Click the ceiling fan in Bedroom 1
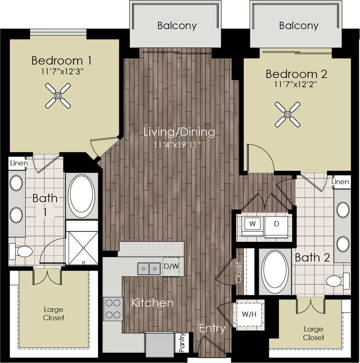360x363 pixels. click(x=58, y=96)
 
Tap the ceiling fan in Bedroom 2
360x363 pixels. click(x=288, y=115)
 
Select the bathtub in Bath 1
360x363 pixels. click(x=81, y=194)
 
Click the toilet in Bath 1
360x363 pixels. click(x=21, y=251)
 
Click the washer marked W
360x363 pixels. click(x=252, y=224)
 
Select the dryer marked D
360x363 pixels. click(x=276, y=224)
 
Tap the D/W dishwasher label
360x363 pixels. click(x=171, y=266)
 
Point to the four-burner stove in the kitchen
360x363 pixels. click(x=113, y=309)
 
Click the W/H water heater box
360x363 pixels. click(x=249, y=314)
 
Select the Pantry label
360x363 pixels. click(x=182, y=343)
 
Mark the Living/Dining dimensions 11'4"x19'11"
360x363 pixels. click(x=178, y=144)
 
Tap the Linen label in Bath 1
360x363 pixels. click(x=19, y=163)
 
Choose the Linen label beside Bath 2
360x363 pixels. click(x=340, y=182)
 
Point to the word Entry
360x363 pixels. click(x=212, y=328)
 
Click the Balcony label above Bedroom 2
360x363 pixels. click(x=299, y=25)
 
